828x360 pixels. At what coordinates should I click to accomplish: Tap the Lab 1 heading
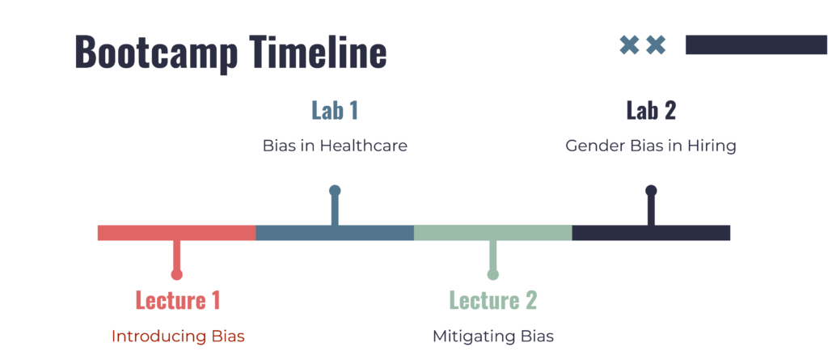pos(335,111)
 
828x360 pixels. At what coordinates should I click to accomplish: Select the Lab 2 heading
pos(651,111)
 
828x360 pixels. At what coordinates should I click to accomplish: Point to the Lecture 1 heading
pos(177,300)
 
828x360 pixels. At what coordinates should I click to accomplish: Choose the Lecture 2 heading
pos(492,300)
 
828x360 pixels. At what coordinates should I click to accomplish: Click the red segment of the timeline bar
pos(177,233)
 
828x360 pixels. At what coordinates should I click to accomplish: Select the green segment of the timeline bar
pos(493,233)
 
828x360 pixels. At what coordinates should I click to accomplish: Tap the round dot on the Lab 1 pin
pos(335,190)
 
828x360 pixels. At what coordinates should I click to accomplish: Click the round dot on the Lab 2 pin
pos(651,190)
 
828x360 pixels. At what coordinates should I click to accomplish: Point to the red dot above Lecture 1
pos(177,274)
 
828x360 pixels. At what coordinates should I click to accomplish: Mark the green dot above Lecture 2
pos(493,274)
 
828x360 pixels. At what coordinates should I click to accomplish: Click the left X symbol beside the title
pos(629,45)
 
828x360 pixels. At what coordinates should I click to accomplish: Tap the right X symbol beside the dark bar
pos(656,45)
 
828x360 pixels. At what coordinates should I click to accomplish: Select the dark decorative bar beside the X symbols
pos(756,45)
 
